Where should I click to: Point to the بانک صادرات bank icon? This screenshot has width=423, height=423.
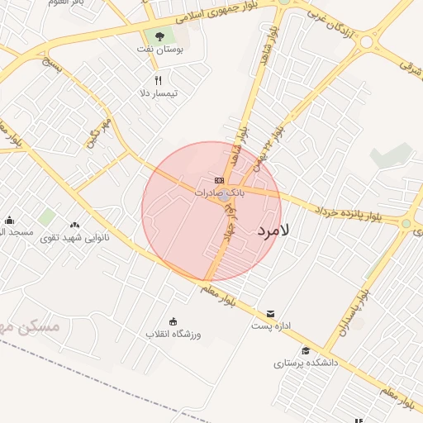click(219, 180)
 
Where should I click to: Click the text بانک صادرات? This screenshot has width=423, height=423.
click(219, 192)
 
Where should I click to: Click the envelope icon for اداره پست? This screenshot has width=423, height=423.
click(271, 313)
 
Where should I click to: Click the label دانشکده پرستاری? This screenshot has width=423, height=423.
click(307, 363)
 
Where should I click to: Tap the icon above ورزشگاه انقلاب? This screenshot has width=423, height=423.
click(173, 321)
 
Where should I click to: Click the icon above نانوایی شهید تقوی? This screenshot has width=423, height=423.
click(75, 224)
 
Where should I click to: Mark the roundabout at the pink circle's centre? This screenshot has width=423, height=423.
click(224, 195)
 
